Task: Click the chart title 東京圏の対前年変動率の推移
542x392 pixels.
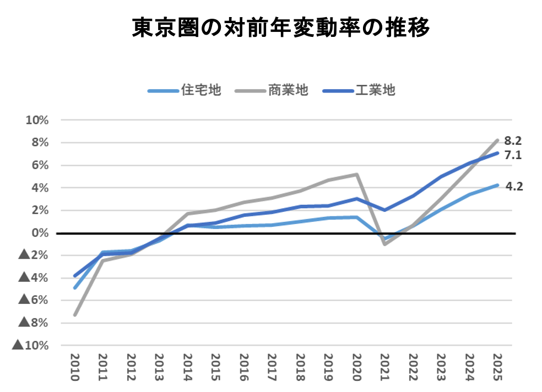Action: click(x=280, y=28)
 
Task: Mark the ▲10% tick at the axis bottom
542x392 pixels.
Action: click(x=31, y=345)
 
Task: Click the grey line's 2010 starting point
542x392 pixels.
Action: click(x=75, y=314)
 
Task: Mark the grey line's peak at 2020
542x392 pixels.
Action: click(x=356, y=175)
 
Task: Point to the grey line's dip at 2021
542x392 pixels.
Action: click(x=384, y=244)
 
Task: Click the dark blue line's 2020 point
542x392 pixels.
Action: click(x=356, y=199)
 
